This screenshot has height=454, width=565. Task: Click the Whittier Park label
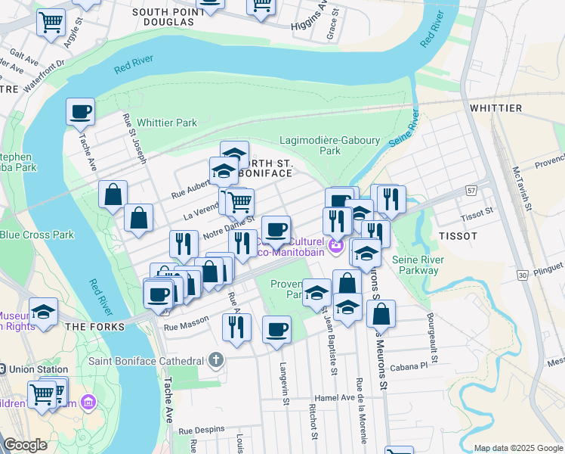pyautogui.click(x=167, y=123)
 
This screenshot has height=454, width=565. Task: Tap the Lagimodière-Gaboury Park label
pyautogui.click(x=330, y=145)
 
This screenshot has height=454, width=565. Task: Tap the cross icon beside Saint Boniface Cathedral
pyautogui.click(x=217, y=359)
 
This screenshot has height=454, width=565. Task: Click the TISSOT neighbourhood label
pyautogui.click(x=458, y=236)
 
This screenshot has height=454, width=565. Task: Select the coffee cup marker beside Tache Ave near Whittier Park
pyautogui.click(x=80, y=113)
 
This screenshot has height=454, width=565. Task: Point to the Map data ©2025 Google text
pyautogui.click(x=517, y=448)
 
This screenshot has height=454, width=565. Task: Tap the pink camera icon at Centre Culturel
pyautogui.click(x=335, y=247)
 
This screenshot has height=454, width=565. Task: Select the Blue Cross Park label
pyautogui.click(x=37, y=235)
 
